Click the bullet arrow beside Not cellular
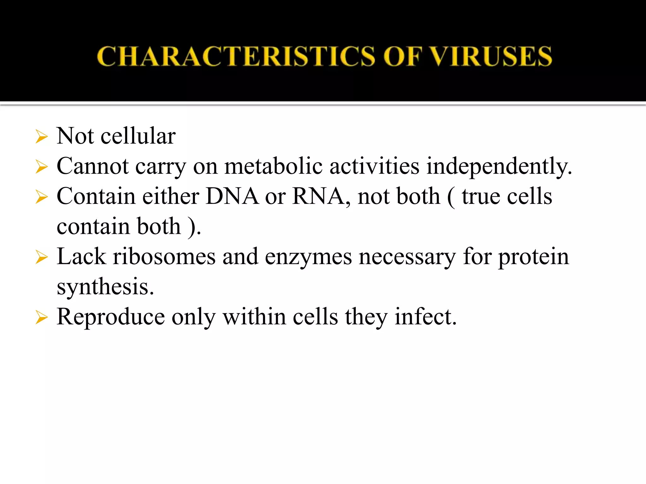42,137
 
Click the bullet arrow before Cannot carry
42,167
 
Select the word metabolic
273,166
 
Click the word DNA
232,196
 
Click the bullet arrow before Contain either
42,197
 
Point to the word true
481,196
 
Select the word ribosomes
164,256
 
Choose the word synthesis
105,287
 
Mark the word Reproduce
111,317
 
